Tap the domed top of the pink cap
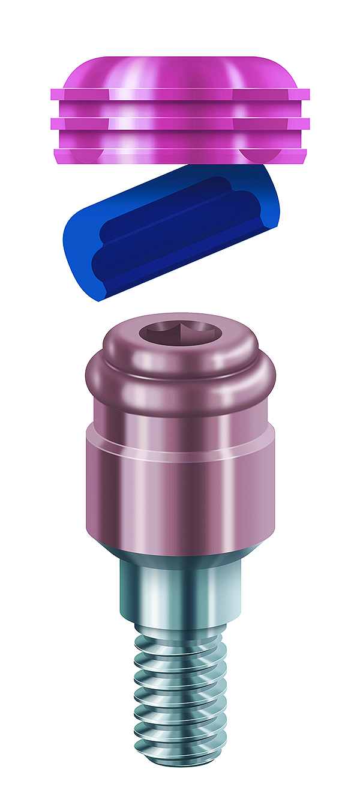pyautogui.click(x=180, y=71)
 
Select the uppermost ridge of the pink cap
pyautogui.click(x=180, y=94)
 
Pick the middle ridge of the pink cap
pyautogui.click(x=180, y=123)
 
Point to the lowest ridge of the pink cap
pyautogui.click(x=180, y=155)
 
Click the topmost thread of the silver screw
pyautogui.click(x=180, y=636)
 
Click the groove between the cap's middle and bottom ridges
pyautogui.click(x=180, y=139)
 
